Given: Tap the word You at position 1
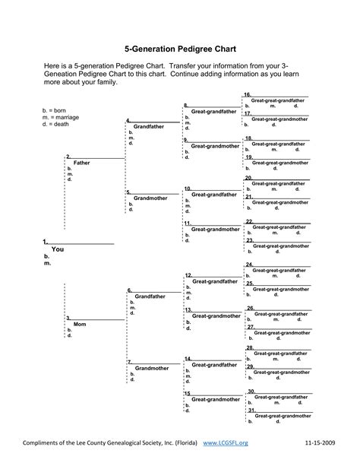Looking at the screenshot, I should point(57,249).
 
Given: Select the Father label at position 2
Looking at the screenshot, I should point(81,163).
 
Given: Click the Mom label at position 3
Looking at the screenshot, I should point(80,324).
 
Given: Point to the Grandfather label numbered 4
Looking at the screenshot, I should point(149,126).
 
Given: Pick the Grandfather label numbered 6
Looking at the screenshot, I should point(149,296).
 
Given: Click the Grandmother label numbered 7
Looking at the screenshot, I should point(151,368).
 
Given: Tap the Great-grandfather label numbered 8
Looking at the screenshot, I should point(214,111).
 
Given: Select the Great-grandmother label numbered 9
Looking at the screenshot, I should point(214,145).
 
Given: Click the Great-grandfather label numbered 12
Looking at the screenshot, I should point(214,281).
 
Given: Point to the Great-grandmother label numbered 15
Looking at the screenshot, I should point(214,399).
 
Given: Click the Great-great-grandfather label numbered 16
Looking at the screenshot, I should point(279,100).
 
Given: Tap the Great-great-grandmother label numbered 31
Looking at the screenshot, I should point(282,417).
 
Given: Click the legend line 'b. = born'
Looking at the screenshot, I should point(58,111).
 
